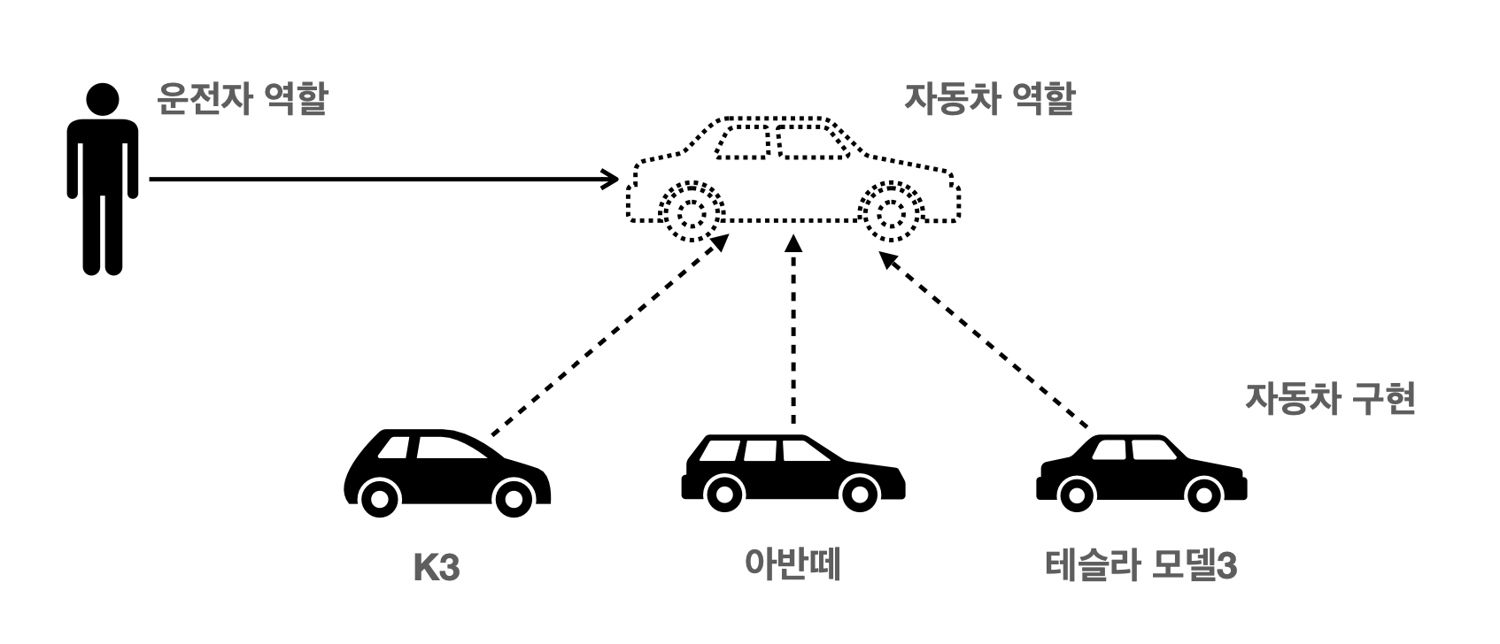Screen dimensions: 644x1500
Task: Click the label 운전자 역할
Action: pyautogui.click(x=242, y=100)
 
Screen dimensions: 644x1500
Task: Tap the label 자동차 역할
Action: pyautogui.click(x=989, y=100)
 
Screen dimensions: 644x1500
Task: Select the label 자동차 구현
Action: pyautogui.click(x=1330, y=399)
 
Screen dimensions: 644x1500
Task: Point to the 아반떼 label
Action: pyautogui.click(x=793, y=563)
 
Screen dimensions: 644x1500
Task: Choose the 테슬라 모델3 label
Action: pyautogui.click(x=1140, y=565)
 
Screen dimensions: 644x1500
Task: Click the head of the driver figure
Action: pyautogui.click(x=103, y=100)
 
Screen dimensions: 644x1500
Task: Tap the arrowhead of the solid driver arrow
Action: pyautogui.click(x=609, y=180)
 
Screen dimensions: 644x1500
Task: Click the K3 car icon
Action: pyautogui.click(x=446, y=473)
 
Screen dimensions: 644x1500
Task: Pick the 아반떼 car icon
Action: pyautogui.click(x=793, y=473)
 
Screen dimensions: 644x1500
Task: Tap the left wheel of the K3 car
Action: pyautogui.click(x=379, y=498)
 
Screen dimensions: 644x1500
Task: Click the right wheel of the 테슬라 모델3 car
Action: pyautogui.click(x=1203, y=495)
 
